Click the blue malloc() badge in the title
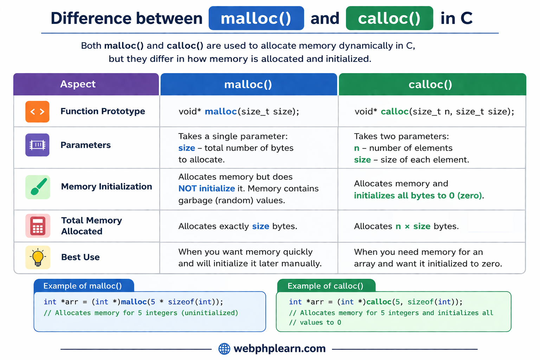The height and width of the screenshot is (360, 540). click(256, 18)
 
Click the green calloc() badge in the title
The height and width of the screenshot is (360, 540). click(389, 18)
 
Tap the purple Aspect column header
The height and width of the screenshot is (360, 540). click(78, 84)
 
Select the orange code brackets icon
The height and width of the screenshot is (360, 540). click(37, 112)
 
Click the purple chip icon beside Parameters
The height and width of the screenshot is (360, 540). click(37, 145)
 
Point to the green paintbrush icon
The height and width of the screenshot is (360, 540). click(38, 187)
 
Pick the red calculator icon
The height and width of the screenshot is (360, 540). click(38, 226)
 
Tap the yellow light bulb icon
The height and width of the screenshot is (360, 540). click(38, 257)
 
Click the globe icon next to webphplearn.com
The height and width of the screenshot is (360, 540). click(224, 349)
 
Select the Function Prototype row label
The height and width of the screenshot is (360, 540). click(103, 111)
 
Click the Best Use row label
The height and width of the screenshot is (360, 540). click(81, 257)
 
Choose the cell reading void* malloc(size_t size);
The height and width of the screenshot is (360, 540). click(239, 112)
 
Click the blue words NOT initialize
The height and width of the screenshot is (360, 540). click(206, 189)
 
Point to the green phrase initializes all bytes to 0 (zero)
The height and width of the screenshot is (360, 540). click(418, 196)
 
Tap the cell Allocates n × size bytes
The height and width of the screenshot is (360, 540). click(406, 226)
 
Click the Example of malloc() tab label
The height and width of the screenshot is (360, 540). click(83, 286)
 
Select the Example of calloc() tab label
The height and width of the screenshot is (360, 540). click(325, 286)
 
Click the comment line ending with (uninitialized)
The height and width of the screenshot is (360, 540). click(141, 313)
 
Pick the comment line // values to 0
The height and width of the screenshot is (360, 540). click(315, 323)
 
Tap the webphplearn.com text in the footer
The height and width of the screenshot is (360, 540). click(279, 349)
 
